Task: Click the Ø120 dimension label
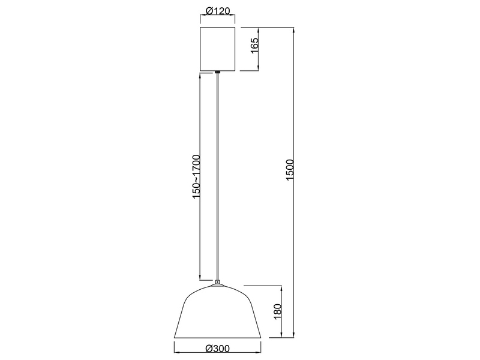pos(217,11)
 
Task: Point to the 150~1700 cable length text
pos(196,178)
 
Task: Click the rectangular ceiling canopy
pos(217,49)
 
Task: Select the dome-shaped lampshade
pos(217,312)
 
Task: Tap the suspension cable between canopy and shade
pos(217,180)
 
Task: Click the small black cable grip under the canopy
pos(217,73)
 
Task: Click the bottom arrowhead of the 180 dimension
pos(280,336)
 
